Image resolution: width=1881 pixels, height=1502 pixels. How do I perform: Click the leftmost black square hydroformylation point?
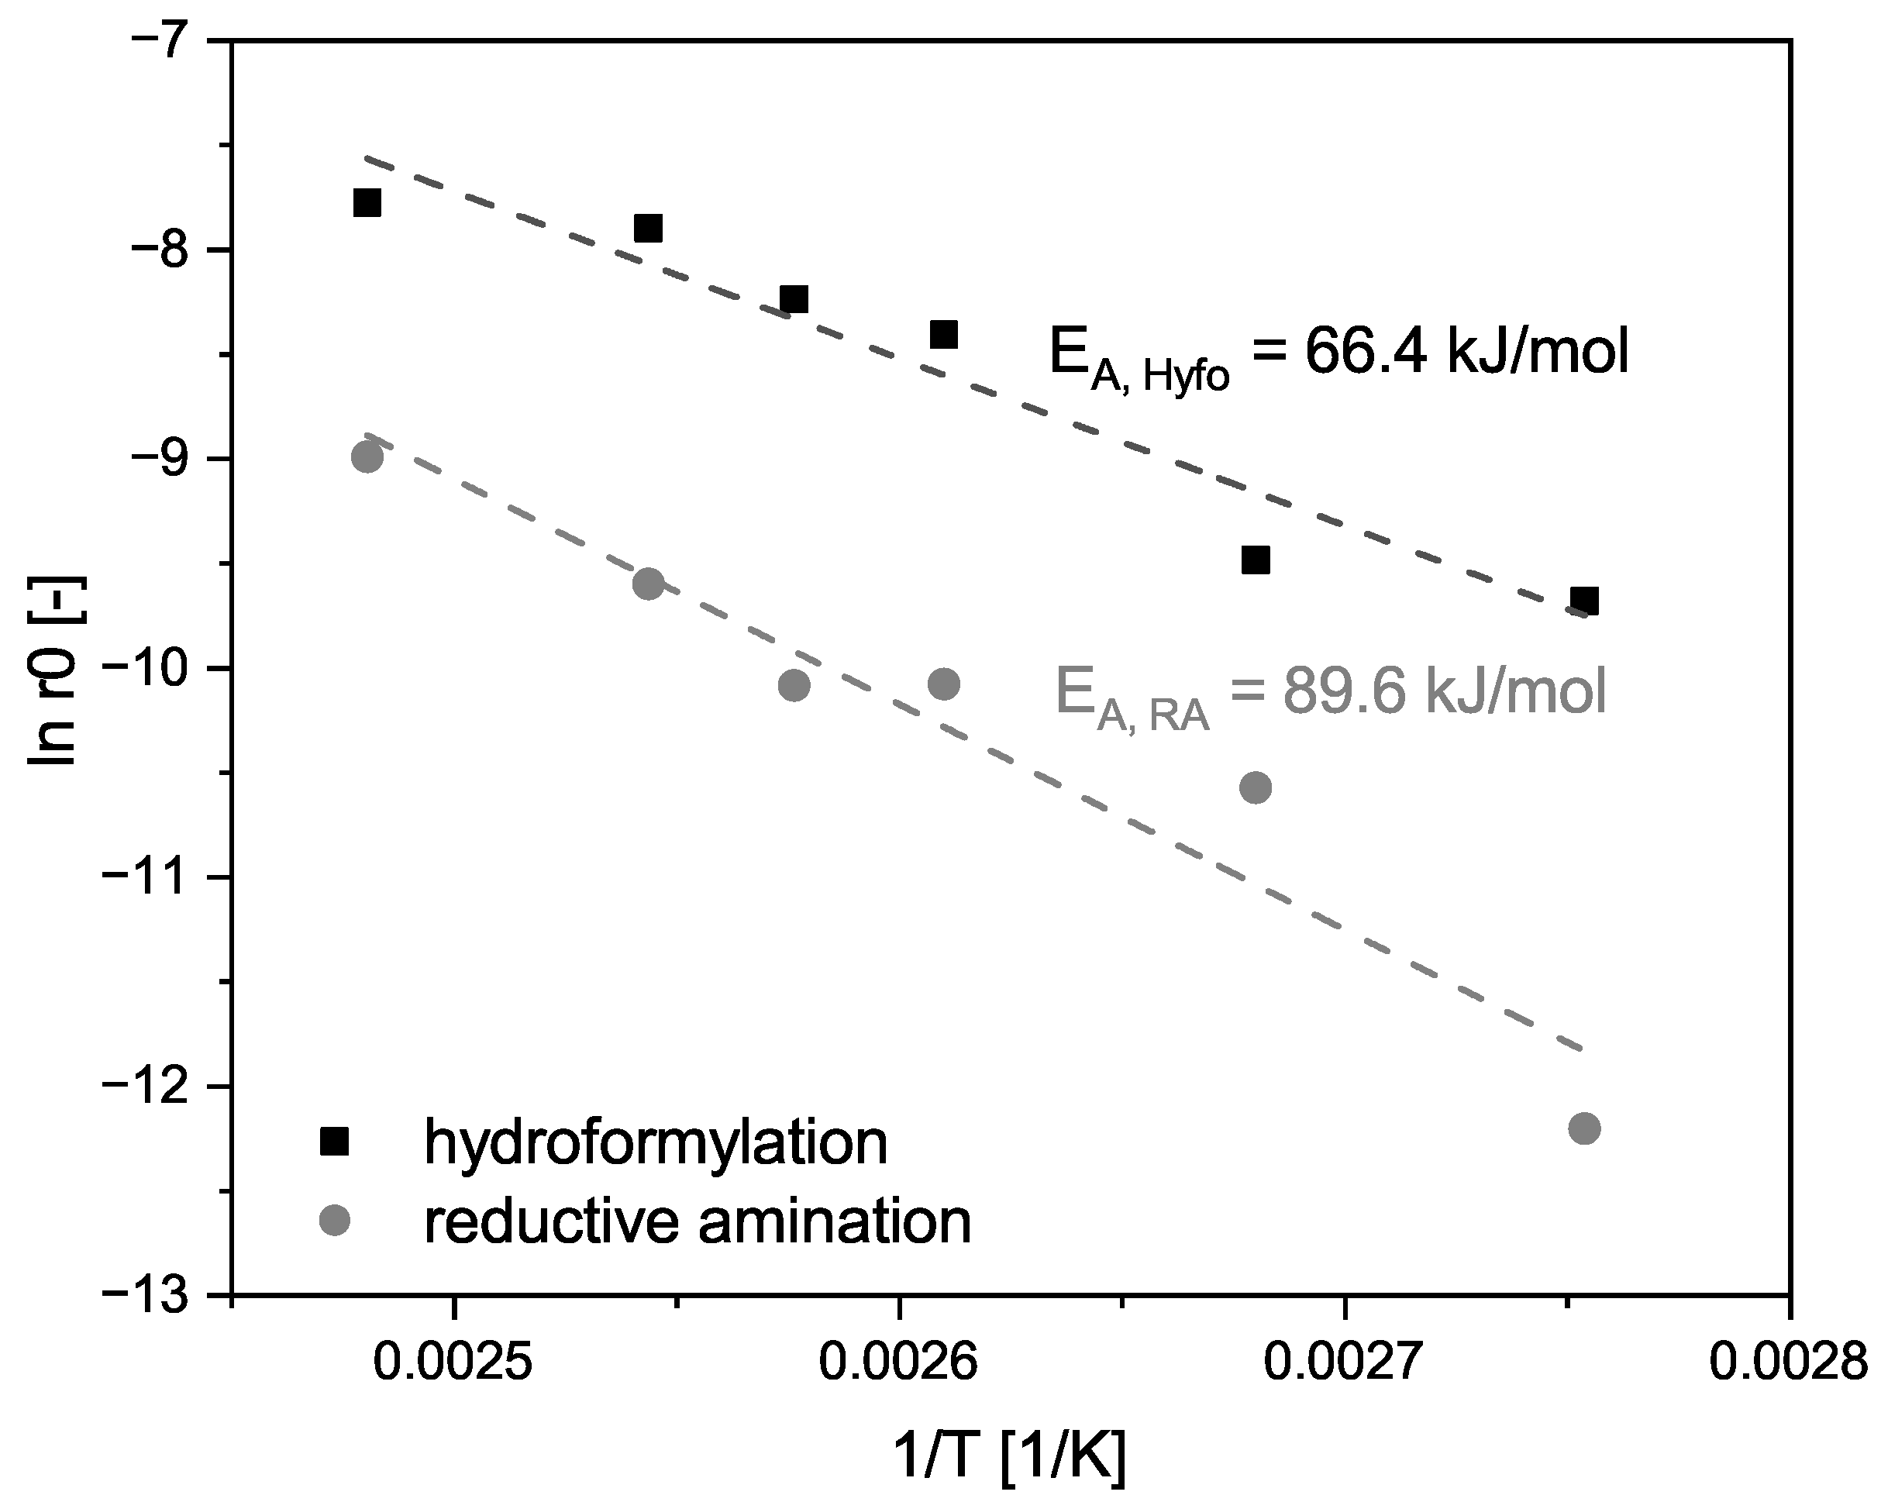pos(367,202)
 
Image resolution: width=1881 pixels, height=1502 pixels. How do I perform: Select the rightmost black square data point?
pos(1584,601)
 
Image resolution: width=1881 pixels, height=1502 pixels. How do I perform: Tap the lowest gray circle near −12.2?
pos(1584,1128)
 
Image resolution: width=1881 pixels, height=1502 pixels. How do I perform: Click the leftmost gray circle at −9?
pos(367,457)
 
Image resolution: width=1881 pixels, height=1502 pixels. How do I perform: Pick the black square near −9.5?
pos(1255,559)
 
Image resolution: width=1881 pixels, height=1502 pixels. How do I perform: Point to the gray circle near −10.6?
pos(1255,787)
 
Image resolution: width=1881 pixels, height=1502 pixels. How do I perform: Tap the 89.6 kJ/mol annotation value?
pos(1444,691)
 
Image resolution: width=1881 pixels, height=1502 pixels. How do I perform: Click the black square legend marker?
pos(334,1142)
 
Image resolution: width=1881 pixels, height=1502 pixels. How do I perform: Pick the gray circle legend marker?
pos(334,1219)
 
